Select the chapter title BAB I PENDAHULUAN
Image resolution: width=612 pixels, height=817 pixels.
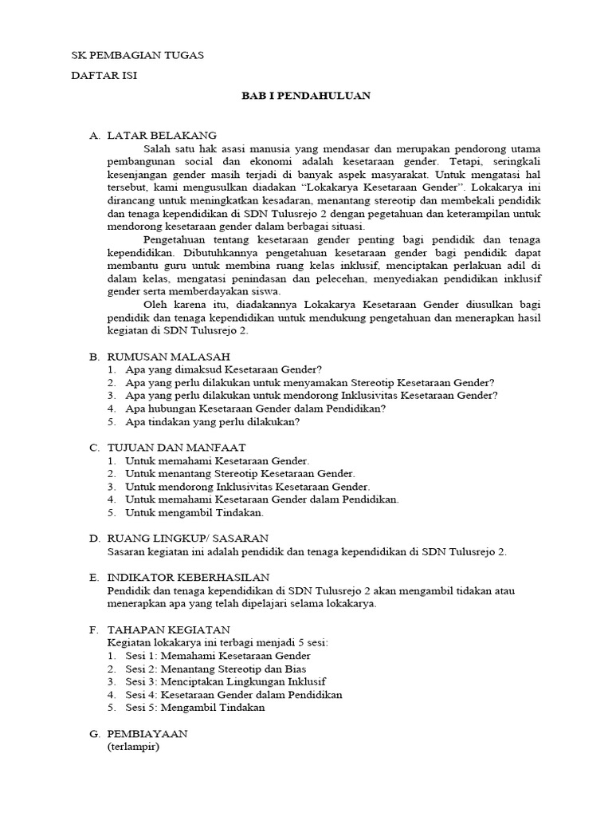(306, 96)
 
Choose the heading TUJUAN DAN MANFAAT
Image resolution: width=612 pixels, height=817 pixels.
(176, 448)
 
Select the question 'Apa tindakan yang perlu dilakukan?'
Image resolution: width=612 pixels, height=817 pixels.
(213, 421)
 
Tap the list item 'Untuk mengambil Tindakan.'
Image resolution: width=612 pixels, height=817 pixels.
(194, 512)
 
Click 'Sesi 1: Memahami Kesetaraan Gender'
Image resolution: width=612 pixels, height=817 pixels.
(218, 656)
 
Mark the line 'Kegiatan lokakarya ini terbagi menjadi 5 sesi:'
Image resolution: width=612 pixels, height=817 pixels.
(217, 643)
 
